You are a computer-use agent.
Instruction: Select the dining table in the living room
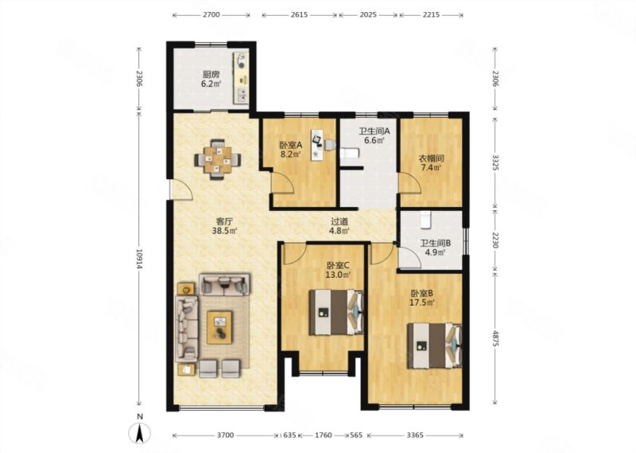[217, 159]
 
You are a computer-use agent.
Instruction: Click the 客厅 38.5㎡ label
[224, 226]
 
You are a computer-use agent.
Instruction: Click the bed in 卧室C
[336, 311]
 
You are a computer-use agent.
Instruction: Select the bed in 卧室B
[435, 346]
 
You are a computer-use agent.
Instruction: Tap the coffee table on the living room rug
[219, 327]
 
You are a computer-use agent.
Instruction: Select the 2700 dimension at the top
[211, 14]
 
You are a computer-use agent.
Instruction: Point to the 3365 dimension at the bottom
[415, 435]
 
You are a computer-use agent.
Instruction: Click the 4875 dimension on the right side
[494, 338]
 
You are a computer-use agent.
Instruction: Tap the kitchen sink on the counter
[242, 95]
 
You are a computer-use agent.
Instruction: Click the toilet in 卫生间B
[425, 220]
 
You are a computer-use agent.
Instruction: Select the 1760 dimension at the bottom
[324, 435]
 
